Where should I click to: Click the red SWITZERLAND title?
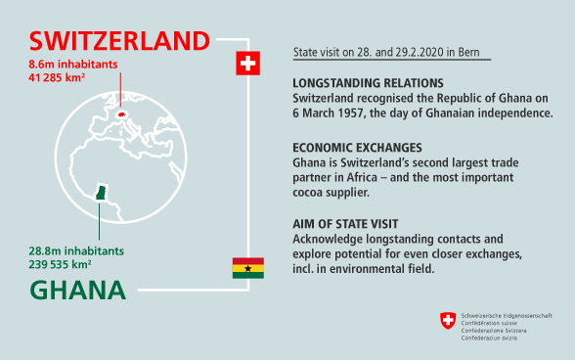119,40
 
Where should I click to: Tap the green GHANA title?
77,290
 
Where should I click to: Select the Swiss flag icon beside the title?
248,65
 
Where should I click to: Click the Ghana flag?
247,267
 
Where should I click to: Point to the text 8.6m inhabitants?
71,63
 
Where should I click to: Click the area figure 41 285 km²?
64,75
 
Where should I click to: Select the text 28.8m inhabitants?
76,250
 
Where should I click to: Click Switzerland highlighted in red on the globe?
122,114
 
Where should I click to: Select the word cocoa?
311,193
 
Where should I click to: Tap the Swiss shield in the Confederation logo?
448,320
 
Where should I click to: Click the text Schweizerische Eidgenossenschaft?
507,315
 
